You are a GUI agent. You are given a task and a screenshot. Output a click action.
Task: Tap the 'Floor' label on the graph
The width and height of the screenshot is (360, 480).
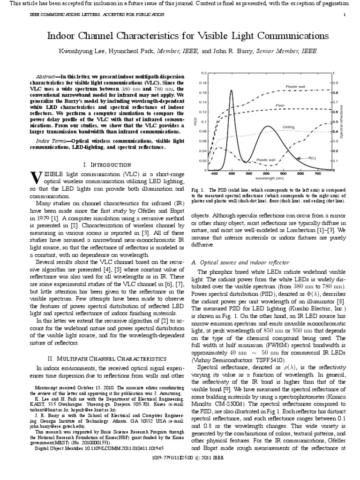(280, 105)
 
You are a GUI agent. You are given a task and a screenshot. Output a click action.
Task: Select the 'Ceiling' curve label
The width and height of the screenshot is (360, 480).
(288, 127)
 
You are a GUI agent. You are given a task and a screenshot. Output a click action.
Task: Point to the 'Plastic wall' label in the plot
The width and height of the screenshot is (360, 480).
(266, 160)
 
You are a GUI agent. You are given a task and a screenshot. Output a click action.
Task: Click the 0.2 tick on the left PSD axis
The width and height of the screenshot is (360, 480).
(203, 73)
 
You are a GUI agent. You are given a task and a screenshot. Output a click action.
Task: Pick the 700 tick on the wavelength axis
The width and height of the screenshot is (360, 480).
(317, 174)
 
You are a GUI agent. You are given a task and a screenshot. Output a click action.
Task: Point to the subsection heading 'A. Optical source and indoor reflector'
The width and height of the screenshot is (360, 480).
(244, 262)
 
